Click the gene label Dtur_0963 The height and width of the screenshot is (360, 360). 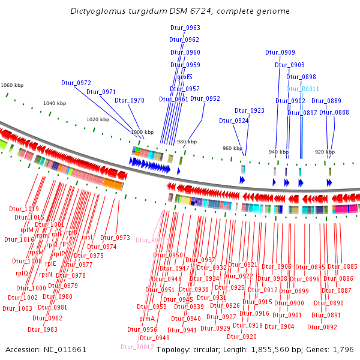point(185,28)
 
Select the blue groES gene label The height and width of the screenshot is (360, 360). point(185,77)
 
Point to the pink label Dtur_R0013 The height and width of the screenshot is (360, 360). point(153,240)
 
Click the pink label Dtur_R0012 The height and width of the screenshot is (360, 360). point(137,347)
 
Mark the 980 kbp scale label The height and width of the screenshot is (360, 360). point(187,142)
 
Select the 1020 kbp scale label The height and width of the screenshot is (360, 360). point(98,119)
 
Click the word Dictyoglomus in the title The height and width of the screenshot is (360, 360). point(94,11)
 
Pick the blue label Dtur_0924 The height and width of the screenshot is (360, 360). point(233,121)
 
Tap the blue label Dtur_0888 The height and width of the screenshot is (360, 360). point(334,112)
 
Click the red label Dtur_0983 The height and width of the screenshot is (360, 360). point(43,329)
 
